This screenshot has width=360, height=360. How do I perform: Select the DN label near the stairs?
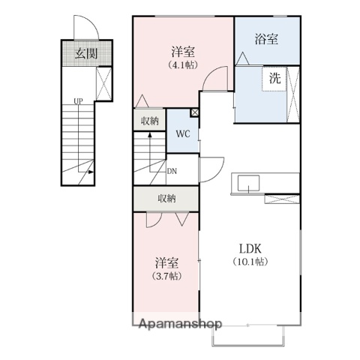(172, 170)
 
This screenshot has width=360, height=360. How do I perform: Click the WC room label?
(181, 135)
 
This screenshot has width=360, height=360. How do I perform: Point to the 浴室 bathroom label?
(266, 40)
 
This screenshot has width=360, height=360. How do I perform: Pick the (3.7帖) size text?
(166, 277)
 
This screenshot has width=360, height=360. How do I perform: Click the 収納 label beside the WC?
(149, 120)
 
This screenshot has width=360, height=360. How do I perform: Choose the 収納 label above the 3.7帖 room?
(166, 198)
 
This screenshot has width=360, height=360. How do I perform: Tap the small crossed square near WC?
(195, 112)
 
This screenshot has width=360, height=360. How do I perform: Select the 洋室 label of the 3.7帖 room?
(166, 263)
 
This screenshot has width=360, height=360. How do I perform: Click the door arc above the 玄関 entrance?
(83, 28)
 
